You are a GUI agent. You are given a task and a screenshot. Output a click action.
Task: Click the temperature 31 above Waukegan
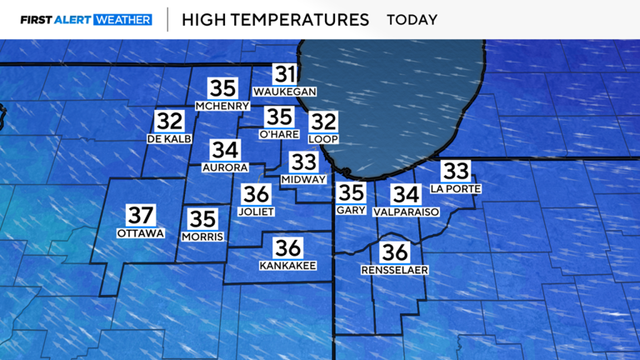tap(285, 74)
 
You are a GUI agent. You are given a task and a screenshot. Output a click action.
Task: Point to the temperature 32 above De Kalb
tap(169, 122)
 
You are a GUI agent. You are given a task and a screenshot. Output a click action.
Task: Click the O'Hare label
tap(278, 134)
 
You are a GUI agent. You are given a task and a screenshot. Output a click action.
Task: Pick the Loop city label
tap(323, 138)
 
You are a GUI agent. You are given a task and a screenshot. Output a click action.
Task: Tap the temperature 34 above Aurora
tap(225, 150)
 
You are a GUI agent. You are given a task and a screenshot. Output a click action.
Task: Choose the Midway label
tap(303, 179)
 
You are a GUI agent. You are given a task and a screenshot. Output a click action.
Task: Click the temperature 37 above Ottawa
tap(140, 215)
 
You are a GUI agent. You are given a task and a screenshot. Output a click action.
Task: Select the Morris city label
tap(202, 237)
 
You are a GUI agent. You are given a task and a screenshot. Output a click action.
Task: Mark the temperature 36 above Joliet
tap(257, 195)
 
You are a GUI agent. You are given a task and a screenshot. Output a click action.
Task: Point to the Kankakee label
tap(287, 265)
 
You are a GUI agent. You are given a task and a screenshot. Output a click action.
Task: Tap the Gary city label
tap(351, 211)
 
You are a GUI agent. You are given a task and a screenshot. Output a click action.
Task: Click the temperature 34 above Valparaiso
tap(406, 195)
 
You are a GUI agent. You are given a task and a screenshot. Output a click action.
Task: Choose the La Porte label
tap(455, 188)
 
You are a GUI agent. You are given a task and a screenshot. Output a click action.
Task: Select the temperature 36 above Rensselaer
tap(394, 253)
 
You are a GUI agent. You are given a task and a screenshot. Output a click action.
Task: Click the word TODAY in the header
tap(412, 19)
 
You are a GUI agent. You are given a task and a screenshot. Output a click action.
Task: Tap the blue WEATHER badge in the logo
tap(123, 19)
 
